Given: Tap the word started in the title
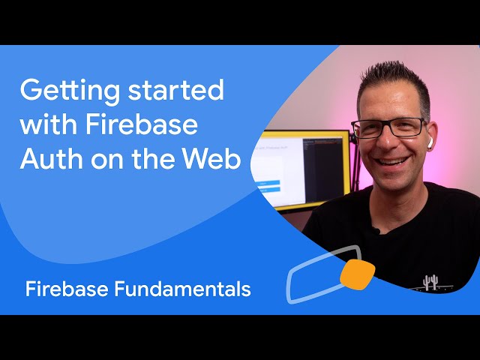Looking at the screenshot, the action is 176,90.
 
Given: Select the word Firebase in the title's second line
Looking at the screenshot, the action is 142,124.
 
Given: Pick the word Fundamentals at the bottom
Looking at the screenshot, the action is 183,289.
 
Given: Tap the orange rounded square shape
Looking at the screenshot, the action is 357,274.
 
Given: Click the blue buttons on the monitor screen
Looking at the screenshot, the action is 268,187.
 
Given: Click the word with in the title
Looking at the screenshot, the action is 49,124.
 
